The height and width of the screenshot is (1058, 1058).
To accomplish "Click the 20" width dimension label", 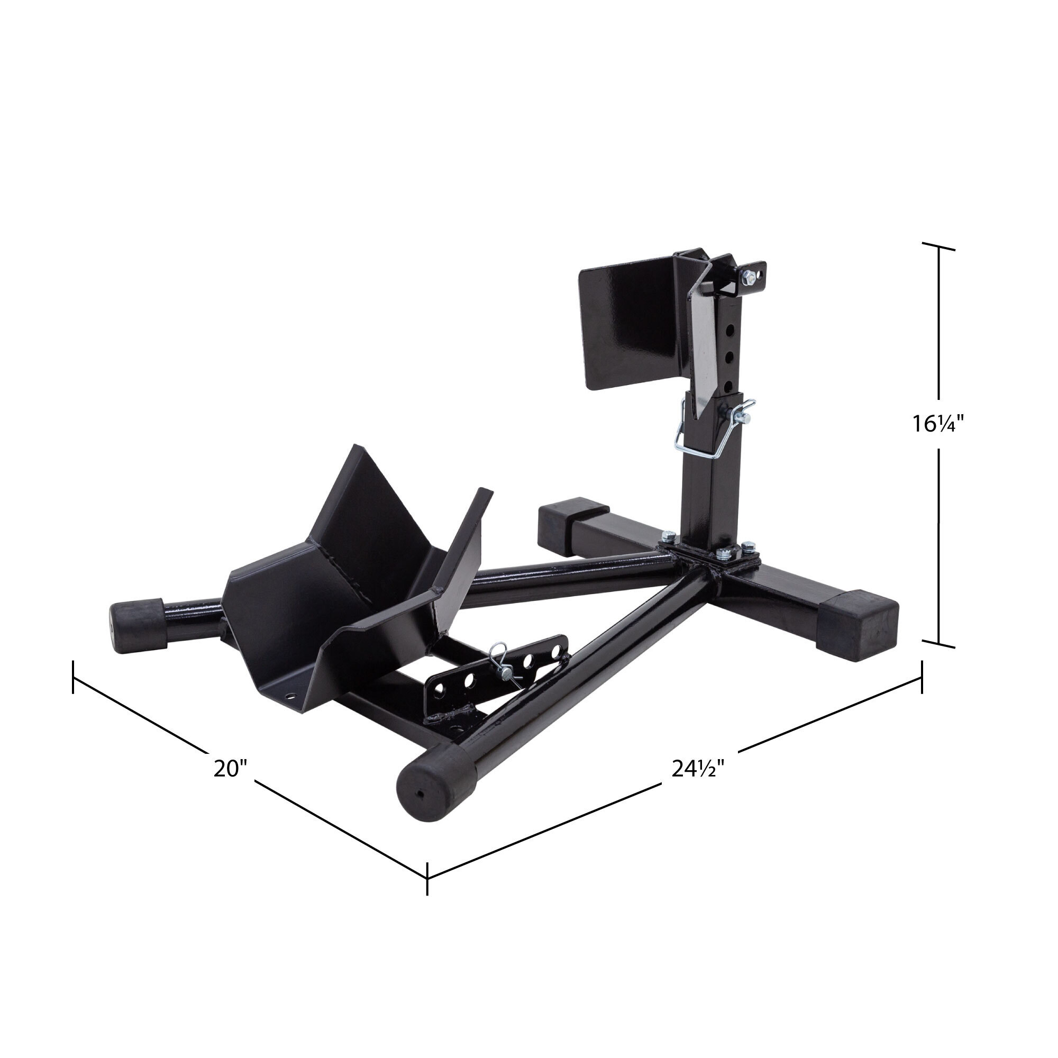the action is tap(231, 768).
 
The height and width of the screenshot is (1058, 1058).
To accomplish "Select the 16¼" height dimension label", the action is tap(937, 423).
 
